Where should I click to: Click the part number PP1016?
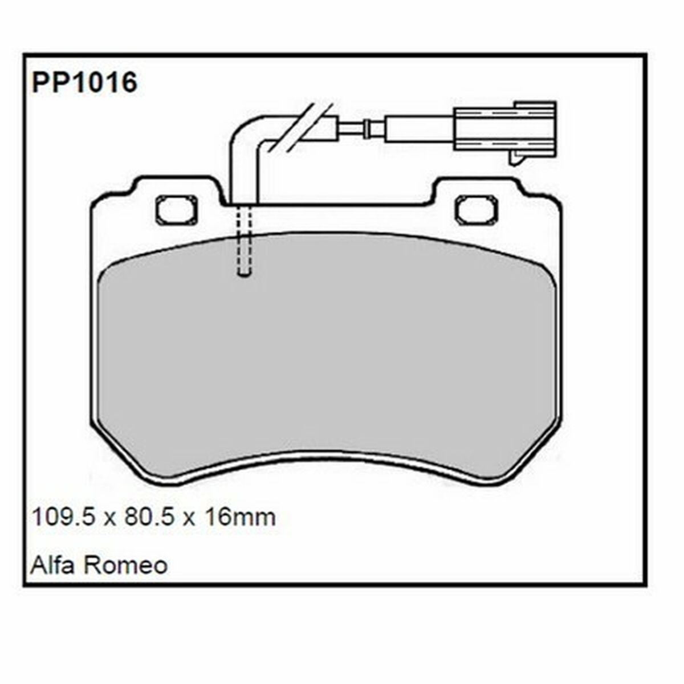tap(84, 83)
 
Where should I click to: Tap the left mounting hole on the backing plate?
tap(176, 210)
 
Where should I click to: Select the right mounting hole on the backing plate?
tap(476, 210)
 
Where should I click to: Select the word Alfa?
tap(54, 565)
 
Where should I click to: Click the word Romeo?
tap(125, 565)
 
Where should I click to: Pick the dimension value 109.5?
tap(62, 518)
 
